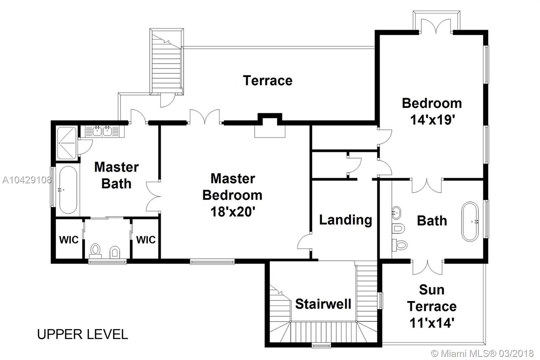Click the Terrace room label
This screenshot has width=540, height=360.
268,81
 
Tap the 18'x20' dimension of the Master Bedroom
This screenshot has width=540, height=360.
233,212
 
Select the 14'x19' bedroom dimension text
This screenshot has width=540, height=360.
432,120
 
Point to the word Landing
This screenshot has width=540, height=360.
346,220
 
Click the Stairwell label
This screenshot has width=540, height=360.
323,304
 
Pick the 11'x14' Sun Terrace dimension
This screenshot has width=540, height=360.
432,323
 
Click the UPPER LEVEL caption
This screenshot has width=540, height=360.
82,334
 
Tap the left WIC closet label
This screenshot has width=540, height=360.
69,240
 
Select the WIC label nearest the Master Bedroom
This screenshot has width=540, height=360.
146,240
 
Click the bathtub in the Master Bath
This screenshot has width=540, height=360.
68,190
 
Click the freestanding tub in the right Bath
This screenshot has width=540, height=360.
470,222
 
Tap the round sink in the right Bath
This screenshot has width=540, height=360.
396,212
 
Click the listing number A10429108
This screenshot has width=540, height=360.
27,180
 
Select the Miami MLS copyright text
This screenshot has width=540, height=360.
482,354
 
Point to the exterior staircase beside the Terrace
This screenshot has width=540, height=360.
167,61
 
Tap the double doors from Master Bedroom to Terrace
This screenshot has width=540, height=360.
205,117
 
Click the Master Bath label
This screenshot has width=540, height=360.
116,175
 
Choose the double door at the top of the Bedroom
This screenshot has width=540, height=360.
436,26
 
